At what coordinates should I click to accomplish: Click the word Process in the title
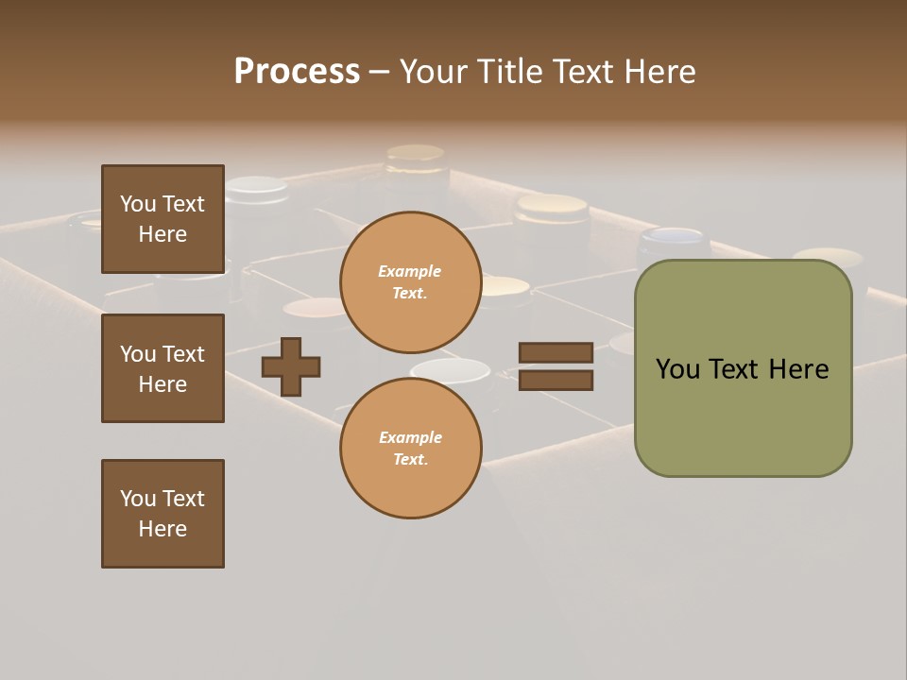click(297, 72)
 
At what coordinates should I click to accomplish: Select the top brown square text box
click(163, 219)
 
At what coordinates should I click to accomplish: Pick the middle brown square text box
click(163, 368)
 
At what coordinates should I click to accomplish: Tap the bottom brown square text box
click(163, 514)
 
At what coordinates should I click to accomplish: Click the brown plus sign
click(291, 366)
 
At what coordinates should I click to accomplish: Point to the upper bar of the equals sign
click(556, 352)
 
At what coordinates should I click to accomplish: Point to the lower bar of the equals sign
click(556, 380)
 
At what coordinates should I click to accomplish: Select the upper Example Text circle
click(410, 281)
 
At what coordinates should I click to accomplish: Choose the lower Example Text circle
click(410, 448)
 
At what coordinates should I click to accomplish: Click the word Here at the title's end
click(659, 72)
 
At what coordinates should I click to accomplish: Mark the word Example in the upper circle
click(409, 271)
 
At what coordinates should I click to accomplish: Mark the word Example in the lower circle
click(409, 437)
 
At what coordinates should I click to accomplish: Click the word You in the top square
click(138, 204)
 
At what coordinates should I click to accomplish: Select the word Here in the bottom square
click(163, 529)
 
